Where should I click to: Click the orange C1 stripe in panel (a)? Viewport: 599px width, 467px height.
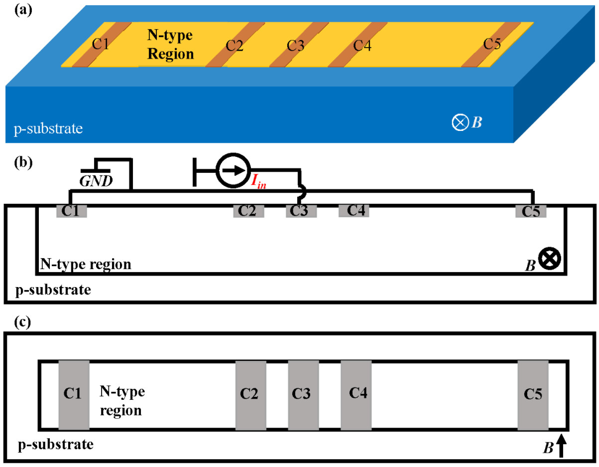[101, 45]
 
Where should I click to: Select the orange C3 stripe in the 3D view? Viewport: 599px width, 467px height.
[299, 45]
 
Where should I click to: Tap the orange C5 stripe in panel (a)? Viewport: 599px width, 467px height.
[491, 45]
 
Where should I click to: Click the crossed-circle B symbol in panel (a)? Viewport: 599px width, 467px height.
[460, 122]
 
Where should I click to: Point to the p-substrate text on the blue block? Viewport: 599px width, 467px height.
[48, 129]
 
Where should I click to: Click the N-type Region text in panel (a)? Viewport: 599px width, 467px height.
[170, 45]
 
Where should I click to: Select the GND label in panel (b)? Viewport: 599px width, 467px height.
[96, 181]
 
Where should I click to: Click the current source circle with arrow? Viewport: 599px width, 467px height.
[233, 170]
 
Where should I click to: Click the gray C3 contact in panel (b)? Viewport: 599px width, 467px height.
[301, 211]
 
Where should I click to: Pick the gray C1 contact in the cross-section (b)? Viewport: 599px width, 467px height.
[72, 211]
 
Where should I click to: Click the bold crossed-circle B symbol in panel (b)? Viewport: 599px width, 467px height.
[549, 259]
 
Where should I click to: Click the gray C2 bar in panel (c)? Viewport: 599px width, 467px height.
[251, 395]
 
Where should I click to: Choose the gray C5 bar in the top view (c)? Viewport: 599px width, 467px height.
[533, 395]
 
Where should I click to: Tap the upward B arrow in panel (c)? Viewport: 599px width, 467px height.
[561, 445]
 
